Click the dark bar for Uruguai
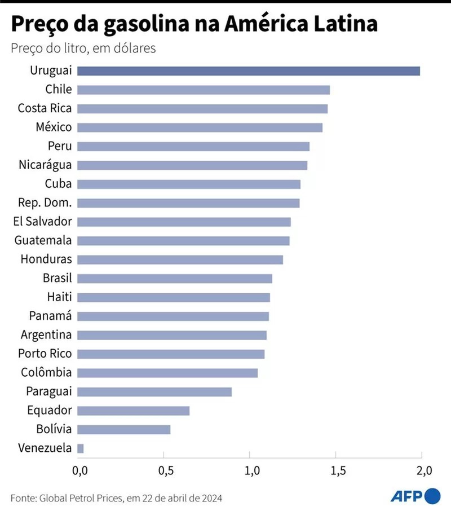(x=248, y=71)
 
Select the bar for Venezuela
(x=81, y=448)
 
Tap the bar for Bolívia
(x=123, y=430)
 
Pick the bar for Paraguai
(x=154, y=392)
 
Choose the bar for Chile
(x=203, y=90)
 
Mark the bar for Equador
(x=133, y=411)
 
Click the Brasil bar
(x=174, y=279)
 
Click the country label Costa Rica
(x=45, y=108)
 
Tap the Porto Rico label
(x=45, y=354)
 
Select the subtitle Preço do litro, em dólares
(x=83, y=49)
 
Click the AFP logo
(x=415, y=496)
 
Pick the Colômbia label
(x=46, y=373)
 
